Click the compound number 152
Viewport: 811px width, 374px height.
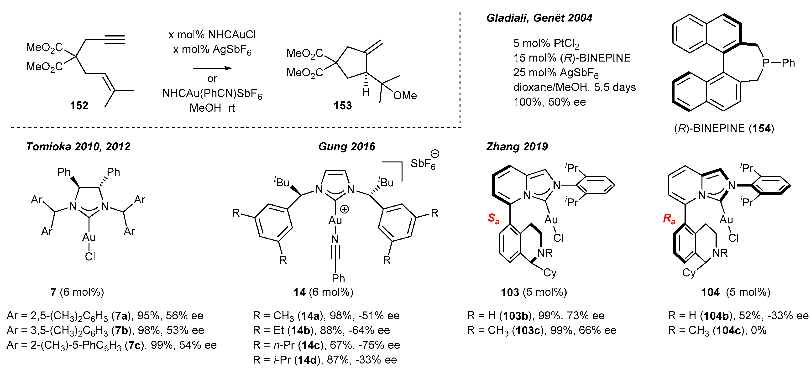coord(79,105)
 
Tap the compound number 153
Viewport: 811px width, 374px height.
coord(343,105)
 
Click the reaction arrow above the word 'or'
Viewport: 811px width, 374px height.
coord(212,68)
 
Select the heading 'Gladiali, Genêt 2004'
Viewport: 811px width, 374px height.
coord(539,18)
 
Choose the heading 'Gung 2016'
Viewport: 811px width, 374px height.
coord(347,146)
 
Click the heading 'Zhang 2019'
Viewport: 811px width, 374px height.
coord(517,146)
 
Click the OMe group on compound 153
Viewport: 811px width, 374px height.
coord(405,95)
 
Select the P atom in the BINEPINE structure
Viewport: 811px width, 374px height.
coord(766,63)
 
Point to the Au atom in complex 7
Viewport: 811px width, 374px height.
coord(89,237)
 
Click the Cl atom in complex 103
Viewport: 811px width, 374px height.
coord(558,238)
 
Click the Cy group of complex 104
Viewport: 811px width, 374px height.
coord(689,273)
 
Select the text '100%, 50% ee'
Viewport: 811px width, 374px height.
coord(549,102)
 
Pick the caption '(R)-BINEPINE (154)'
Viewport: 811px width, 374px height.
coord(724,129)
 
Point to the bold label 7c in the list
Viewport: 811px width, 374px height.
coord(134,345)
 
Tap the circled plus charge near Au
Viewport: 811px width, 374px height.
coord(345,209)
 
